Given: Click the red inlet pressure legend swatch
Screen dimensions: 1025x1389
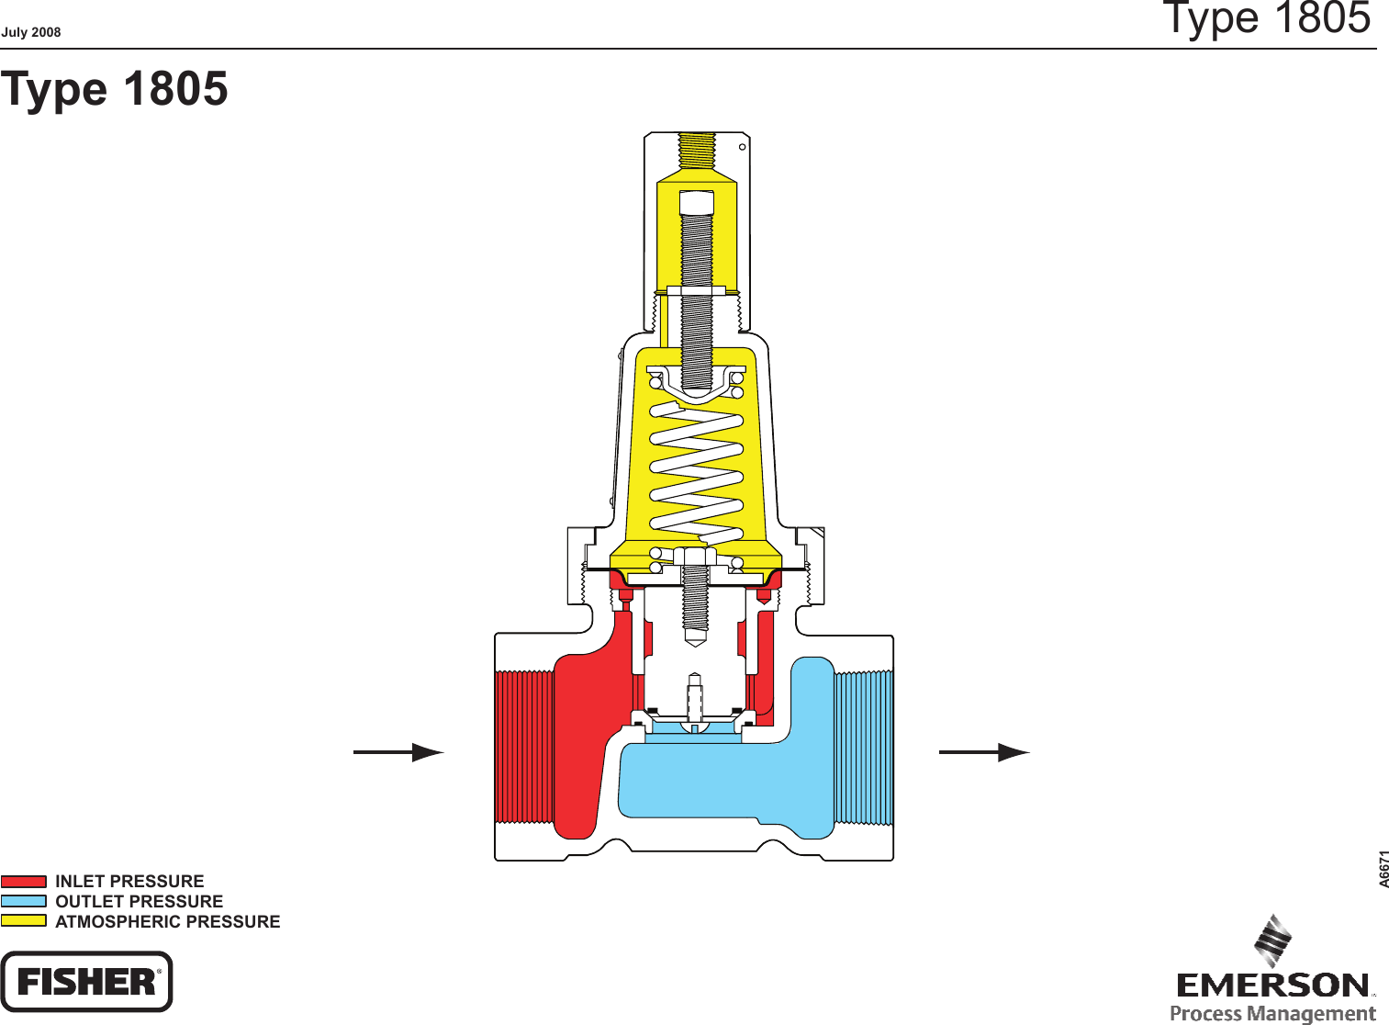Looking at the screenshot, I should pos(24,882).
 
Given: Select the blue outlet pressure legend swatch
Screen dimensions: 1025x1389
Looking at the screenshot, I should pos(24,902).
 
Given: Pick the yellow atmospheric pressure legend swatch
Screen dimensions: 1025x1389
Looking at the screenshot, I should pos(24,921).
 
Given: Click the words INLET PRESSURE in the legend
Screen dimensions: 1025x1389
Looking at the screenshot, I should pos(129,882).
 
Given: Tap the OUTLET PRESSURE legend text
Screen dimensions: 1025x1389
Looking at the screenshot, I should pos(139,902).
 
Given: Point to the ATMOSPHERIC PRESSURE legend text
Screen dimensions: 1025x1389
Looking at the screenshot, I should pos(167,922).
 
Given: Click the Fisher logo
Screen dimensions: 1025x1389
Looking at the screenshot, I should pos(86,982).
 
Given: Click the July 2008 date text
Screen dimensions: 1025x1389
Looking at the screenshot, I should pos(31,32).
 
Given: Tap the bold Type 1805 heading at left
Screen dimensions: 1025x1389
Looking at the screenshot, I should pos(115,89).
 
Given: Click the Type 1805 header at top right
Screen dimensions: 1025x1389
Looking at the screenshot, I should pos(1267,18).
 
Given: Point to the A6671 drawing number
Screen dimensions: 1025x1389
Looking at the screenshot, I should pos(1384,869).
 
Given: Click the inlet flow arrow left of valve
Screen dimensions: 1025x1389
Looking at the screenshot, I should pos(398,752).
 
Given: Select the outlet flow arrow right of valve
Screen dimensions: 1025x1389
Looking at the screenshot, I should pos(984,752).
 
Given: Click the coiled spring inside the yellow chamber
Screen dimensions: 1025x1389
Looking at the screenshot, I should pos(698,468).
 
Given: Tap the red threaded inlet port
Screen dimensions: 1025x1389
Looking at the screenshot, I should pos(524,747).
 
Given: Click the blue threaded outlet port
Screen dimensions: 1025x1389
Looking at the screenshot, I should pos(863,747).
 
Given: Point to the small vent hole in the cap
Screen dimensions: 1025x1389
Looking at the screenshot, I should pos(743,147).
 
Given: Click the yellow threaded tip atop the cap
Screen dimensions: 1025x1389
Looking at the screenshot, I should pos(698,151).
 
